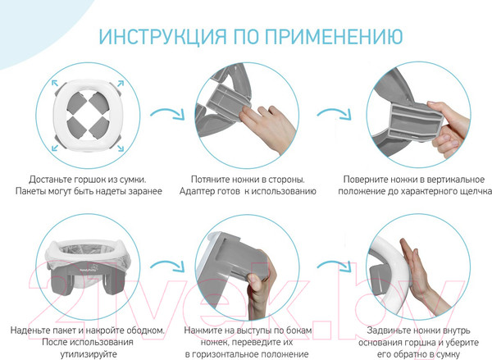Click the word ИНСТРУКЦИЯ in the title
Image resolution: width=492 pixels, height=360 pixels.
(x=162, y=36)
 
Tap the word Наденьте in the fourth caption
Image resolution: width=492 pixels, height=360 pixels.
(x=30, y=330)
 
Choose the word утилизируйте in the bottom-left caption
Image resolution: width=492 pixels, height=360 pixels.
(x=89, y=354)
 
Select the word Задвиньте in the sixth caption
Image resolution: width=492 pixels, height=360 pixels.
(x=389, y=330)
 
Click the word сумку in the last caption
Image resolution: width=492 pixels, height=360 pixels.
(x=448, y=354)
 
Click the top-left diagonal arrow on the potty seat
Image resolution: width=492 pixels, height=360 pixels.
(x=55, y=83)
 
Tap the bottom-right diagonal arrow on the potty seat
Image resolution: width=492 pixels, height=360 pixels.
(x=121, y=148)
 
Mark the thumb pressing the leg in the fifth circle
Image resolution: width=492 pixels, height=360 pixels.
(x=255, y=280)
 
